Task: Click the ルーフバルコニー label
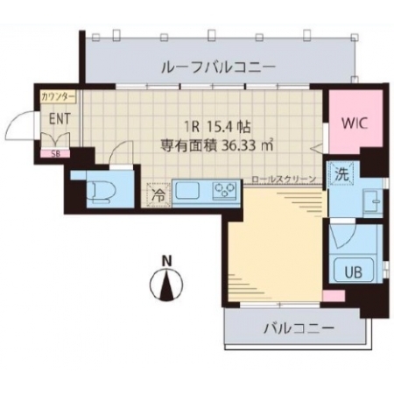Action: coord(218,67)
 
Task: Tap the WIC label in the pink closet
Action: coord(355,123)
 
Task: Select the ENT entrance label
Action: coord(60,119)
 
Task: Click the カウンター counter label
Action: coord(59,96)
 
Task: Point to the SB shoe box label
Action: coord(55,154)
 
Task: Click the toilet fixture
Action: coord(103,192)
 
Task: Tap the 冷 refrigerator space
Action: coord(158,195)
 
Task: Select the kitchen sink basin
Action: coord(187,190)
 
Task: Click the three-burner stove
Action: coord(224,190)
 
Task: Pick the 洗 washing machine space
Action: coord(341,175)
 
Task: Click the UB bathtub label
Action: coord(354,272)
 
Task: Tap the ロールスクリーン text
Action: coord(284,179)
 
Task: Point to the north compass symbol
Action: coord(166,284)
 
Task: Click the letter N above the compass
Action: coord(166,261)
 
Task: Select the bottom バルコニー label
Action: coord(299,328)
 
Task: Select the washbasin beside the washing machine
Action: coord(372,200)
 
